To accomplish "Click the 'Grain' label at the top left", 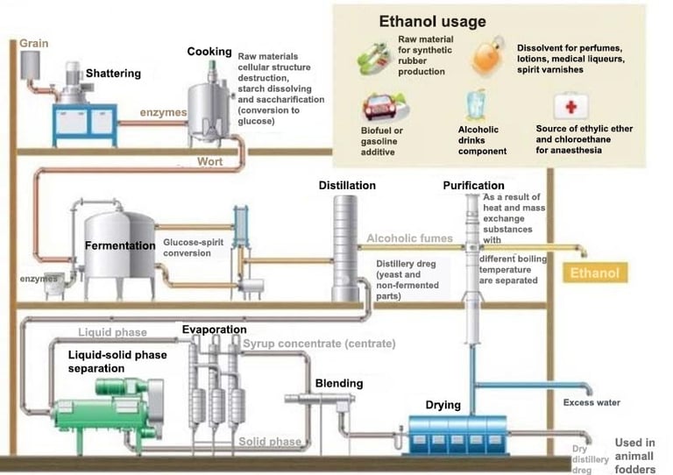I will tap(34, 42).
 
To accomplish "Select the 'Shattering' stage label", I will tap(112, 74).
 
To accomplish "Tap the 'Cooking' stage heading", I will tap(209, 52).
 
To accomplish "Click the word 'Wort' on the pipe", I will tap(209, 162).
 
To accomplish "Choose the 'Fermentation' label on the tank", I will tap(120, 246).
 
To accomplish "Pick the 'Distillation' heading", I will tap(347, 186).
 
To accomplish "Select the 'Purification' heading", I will tap(473, 186).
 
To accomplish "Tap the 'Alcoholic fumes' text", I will tap(409, 238).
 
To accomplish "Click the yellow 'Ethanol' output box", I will tap(594, 273).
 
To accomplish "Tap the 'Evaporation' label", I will tap(214, 330).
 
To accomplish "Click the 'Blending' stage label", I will tap(338, 383).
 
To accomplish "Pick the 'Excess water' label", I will tap(592, 403).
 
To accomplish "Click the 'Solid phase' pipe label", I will tap(270, 442).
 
